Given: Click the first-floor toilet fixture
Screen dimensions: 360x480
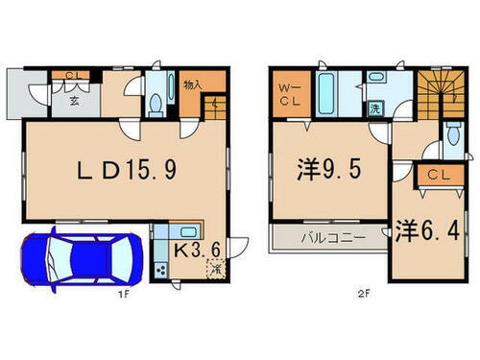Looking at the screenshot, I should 156,102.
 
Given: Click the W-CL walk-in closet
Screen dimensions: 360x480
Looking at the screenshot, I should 288,94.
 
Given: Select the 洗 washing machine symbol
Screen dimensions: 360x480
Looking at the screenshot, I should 375,108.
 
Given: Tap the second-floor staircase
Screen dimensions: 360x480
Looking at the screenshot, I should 443,93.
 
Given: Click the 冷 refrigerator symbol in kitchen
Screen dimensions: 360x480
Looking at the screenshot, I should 217,270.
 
